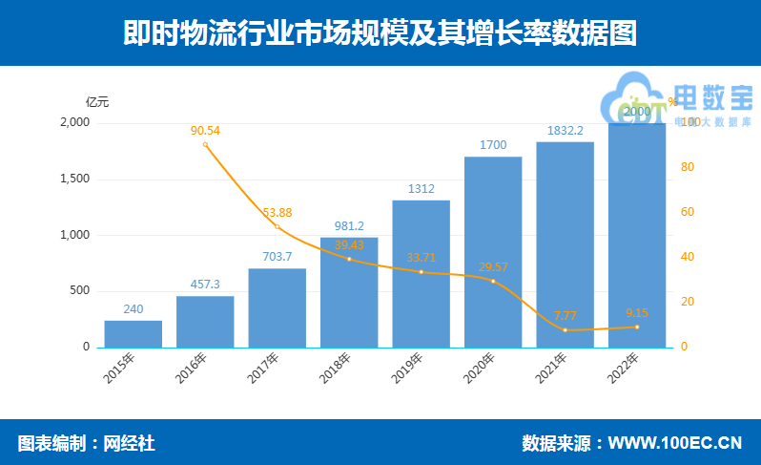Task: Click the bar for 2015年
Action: pos(134,333)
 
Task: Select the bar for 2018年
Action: pos(349,291)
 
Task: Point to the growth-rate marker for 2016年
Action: pos(205,144)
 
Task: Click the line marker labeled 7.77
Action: pos(566,330)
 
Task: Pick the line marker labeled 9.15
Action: pos(637,328)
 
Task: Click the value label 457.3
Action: pos(205,285)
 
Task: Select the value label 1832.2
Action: pos(566,130)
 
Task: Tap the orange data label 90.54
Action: pos(205,130)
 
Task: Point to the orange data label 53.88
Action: pos(278,212)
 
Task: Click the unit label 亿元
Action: pos(97,101)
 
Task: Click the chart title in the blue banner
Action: pos(380,33)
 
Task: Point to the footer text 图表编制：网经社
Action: pos(86,443)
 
